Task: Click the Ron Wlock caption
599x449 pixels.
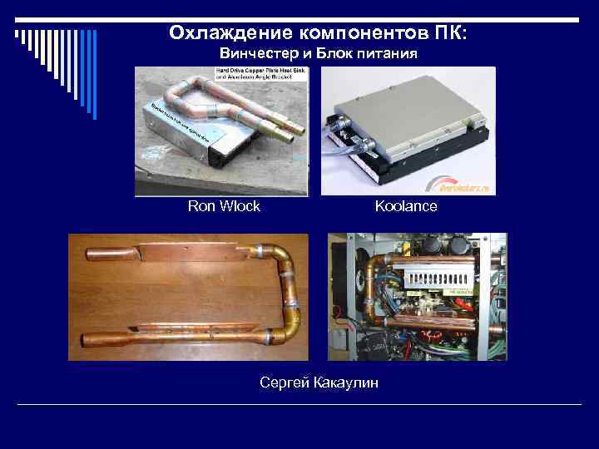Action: click(224, 206)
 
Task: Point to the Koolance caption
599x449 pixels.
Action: click(405, 206)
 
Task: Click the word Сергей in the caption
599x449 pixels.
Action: click(282, 382)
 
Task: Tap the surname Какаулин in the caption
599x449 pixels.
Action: click(344, 382)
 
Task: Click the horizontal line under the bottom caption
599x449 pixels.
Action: click(299, 404)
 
